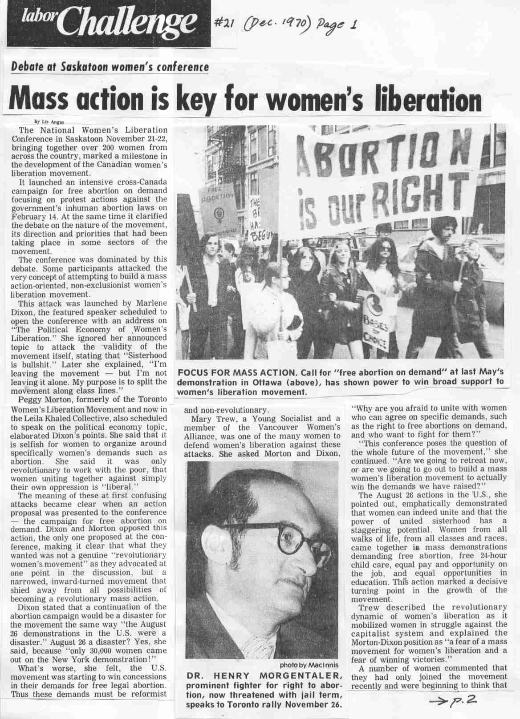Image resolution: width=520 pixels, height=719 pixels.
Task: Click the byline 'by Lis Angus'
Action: (x=49, y=121)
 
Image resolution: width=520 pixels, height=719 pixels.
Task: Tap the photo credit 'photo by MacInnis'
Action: (x=309, y=665)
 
